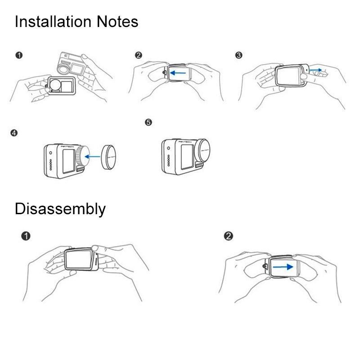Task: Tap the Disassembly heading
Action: click(x=60, y=209)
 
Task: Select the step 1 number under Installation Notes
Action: click(x=18, y=55)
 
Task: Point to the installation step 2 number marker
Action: click(x=138, y=55)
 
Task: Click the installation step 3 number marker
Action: click(x=239, y=55)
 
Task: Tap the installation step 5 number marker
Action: click(x=148, y=122)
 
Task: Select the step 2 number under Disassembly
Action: click(x=229, y=236)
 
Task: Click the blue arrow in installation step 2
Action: click(x=180, y=71)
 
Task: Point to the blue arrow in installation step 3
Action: click(x=315, y=70)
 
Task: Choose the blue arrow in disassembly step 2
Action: click(x=283, y=266)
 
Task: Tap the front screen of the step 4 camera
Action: click(x=69, y=160)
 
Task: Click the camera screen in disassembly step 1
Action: click(x=80, y=260)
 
